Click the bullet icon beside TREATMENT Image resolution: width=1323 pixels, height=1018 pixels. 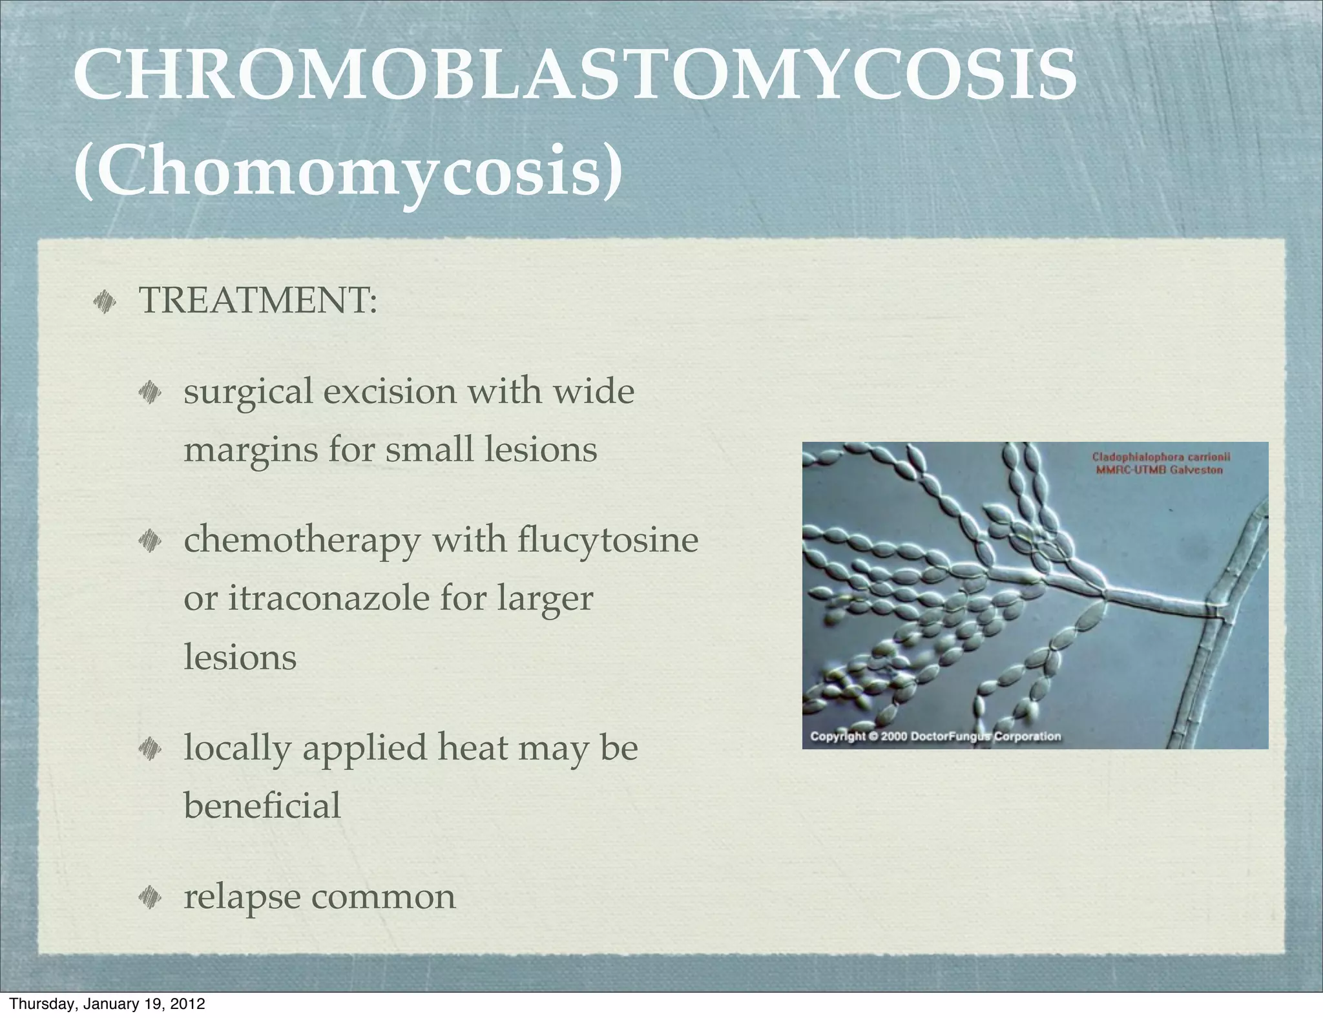[x=103, y=301]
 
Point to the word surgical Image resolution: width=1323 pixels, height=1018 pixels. [x=248, y=393]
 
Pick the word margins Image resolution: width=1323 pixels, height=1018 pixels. [x=251, y=450]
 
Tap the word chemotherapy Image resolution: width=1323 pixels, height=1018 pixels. [x=302, y=541]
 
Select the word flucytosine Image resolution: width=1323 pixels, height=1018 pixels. [x=608, y=541]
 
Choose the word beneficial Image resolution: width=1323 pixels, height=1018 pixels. [x=262, y=806]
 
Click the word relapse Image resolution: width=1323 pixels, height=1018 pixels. [x=241, y=898]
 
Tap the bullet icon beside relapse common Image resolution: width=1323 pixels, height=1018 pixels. [x=149, y=897]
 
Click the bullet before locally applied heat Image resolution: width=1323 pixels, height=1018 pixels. [x=149, y=748]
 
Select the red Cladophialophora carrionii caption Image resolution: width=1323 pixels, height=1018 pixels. [x=1161, y=457]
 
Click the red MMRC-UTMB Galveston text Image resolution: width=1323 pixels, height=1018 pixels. [x=1159, y=470]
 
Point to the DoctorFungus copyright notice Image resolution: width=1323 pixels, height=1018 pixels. [x=935, y=736]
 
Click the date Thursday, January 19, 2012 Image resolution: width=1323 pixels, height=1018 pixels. [x=108, y=1004]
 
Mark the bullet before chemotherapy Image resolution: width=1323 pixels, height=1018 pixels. [x=149, y=540]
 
